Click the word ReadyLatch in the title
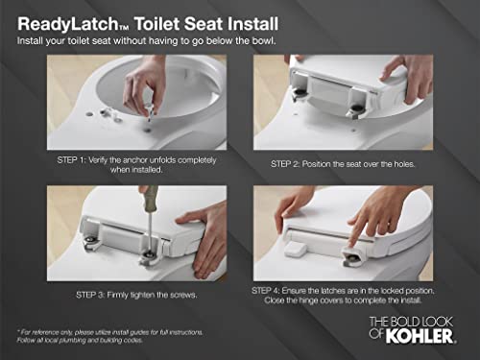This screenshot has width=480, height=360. [x=68, y=24]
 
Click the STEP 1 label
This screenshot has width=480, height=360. [x=67, y=160]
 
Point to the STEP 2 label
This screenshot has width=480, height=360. [x=283, y=164]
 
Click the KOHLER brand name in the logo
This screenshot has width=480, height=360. [x=420, y=336]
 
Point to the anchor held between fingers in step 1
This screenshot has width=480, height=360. [x=150, y=110]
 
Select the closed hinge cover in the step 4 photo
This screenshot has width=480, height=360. [x=295, y=249]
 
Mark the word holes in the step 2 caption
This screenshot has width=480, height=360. [x=404, y=164]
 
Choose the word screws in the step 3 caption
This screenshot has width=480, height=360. [x=184, y=295]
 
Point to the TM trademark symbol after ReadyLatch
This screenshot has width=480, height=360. [x=124, y=29]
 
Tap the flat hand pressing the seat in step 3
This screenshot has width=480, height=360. [x=204, y=238]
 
